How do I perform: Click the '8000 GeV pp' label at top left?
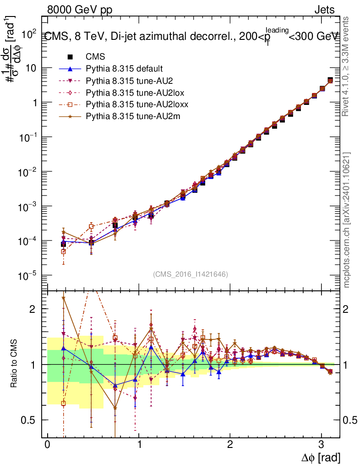pyautogui.click(x=73, y=10)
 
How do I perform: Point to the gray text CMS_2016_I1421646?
pyautogui.click(x=191, y=274)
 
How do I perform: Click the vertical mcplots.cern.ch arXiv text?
pyautogui.click(x=347, y=220)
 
